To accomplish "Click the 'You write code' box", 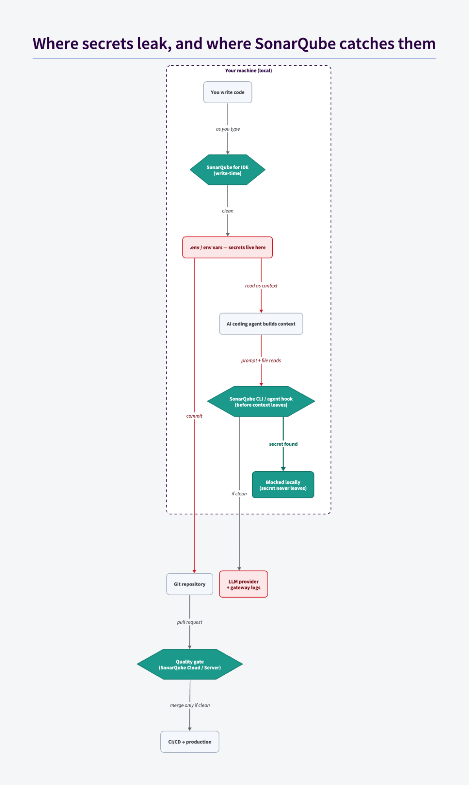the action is pyautogui.click(x=227, y=92).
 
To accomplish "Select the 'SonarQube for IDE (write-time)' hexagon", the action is pyautogui.click(x=227, y=170).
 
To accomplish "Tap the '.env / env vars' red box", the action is pyautogui.click(x=227, y=247).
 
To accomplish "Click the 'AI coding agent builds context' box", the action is pyautogui.click(x=261, y=324).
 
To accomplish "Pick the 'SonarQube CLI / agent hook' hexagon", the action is pyautogui.click(x=261, y=401).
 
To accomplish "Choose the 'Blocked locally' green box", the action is pyautogui.click(x=283, y=485).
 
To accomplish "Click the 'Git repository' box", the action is pyautogui.click(x=189, y=584).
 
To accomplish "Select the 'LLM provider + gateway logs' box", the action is pyautogui.click(x=244, y=584).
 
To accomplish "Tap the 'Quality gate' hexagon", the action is pyautogui.click(x=190, y=664).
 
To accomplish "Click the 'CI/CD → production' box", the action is pyautogui.click(x=190, y=742).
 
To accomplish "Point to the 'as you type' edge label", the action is pyautogui.click(x=228, y=129).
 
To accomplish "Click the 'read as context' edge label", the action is pyautogui.click(x=261, y=285).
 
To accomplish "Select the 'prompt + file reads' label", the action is pyautogui.click(x=261, y=360).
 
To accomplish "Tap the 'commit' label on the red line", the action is pyautogui.click(x=194, y=416).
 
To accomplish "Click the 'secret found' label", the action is pyautogui.click(x=283, y=444).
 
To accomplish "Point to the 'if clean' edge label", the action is pyautogui.click(x=239, y=494).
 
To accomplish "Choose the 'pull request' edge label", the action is pyautogui.click(x=190, y=622).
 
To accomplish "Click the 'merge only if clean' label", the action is pyautogui.click(x=190, y=705).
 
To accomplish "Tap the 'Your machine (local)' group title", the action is pyautogui.click(x=249, y=71).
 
